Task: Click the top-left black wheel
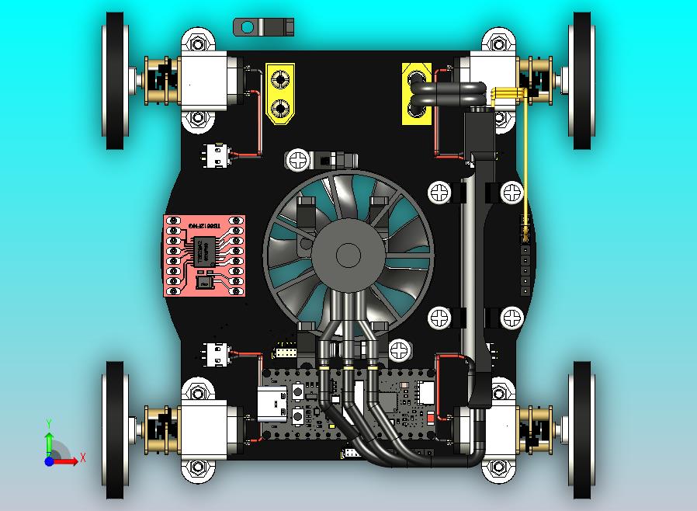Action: [x=115, y=80]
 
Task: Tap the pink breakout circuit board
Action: [x=204, y=255]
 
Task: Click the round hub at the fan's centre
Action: [x=348, y=254]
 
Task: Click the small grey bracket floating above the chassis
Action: [x=263, y=27]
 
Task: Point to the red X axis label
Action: [x=83, y=458]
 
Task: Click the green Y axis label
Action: [x=49, y=423]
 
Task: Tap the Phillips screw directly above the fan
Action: [x=298, y=160]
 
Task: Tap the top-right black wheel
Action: [x=582, y=80]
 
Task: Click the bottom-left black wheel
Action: [x=115, y=429]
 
